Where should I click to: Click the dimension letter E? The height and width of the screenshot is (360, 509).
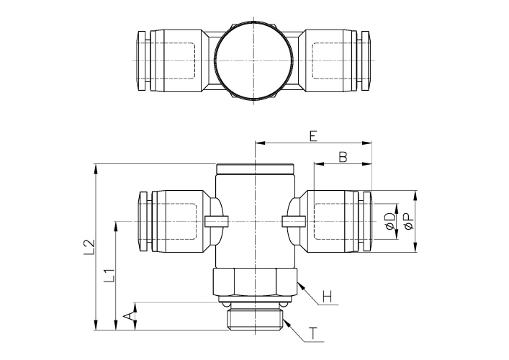click(x=312, y=135)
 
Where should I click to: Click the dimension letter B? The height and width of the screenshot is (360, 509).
click(x=343, y=156)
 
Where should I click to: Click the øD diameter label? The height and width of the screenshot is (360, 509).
click(x=389, y=222)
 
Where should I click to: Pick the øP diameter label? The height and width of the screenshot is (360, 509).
click(x=408, y=222)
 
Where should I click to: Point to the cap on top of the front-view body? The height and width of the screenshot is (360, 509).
click(x=255, y=170)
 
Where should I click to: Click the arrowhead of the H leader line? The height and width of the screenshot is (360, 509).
click(x=298, y=284)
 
